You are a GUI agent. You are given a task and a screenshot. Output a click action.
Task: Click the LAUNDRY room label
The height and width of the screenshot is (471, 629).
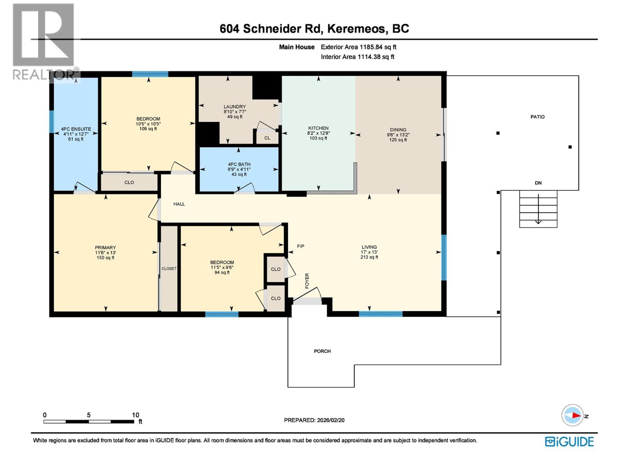click(235, 107)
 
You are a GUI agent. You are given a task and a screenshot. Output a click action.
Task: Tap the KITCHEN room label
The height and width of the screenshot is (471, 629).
click(318, 128)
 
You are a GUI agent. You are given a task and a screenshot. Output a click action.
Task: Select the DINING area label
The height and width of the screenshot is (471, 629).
click(398, 130)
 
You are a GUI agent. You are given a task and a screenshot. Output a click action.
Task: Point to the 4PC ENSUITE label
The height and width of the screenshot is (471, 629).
click(76, 129)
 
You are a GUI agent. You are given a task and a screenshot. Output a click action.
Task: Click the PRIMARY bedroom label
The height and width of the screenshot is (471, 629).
click(105, 248)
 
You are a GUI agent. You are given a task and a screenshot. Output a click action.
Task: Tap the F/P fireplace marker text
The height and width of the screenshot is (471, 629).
click(300, 246)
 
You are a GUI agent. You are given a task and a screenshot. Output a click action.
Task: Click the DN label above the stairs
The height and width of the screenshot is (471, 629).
click(538, 183)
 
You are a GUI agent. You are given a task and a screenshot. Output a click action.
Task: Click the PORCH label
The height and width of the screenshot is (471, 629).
click(322, 351)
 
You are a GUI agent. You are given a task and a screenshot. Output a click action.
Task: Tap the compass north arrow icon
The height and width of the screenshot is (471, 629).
click(572, 415)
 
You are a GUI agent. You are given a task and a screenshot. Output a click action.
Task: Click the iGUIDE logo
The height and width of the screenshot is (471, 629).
click(569, 442)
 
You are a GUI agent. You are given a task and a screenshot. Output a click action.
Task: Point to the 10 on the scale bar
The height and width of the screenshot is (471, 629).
click(135, 415)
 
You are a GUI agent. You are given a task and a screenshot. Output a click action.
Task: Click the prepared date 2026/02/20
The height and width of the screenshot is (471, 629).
click(330, 420)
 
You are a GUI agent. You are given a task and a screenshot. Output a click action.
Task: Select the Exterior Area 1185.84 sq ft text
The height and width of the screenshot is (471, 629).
click(358, 47)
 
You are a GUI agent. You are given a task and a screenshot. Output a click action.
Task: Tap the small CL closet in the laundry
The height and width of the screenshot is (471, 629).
click(267, 138)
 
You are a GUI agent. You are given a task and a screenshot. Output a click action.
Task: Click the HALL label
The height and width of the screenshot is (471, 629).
click(179, 204)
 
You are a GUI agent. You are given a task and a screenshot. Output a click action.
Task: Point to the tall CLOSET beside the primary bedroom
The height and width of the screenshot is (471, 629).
click(169, 269)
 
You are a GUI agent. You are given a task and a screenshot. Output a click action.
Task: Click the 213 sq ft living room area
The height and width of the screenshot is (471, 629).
click(369, 257)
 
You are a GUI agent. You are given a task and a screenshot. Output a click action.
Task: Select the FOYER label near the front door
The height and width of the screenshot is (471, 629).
click(307, 281)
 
